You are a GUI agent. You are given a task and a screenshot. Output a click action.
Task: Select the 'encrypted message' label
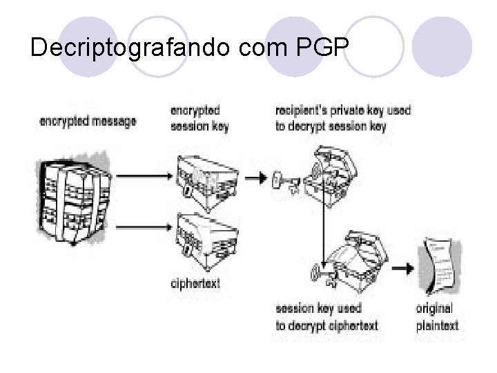pyautogui.click(x=88, y=121)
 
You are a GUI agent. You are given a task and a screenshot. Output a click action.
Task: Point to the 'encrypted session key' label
pyautogui.click(x=200, y=117)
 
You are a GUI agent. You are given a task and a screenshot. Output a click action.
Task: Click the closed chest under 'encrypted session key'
pyautogui.click(x=206, y=178)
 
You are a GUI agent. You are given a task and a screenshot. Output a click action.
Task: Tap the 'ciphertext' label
pyautogui.click(x=195, y=283)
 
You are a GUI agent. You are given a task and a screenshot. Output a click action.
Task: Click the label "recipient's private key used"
pyautogui.click(x=342, y=110)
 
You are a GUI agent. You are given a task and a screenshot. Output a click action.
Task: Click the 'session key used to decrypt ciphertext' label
pyautogui.click(x=327, y=316)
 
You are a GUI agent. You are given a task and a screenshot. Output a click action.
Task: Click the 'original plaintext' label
pyautogui.click(x=437, y=316)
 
